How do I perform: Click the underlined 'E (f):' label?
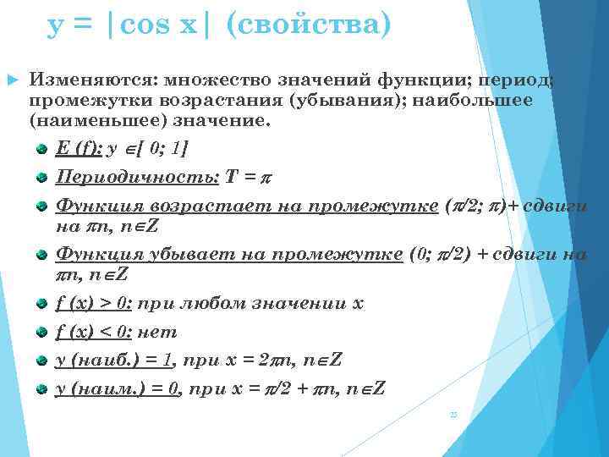(x=79, y=149)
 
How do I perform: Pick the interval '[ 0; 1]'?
(x=158, y=149)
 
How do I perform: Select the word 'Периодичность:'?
(x=137, y=178)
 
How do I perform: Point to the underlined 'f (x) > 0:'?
(x=93, y=304)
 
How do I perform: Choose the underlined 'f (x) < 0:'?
(x=93, y=332)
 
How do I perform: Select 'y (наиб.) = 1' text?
(x=114, y=360)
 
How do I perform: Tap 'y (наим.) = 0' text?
(x=115, y=388)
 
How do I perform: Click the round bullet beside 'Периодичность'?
(x=41, y=179)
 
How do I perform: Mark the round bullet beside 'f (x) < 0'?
(x=41, y=333)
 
